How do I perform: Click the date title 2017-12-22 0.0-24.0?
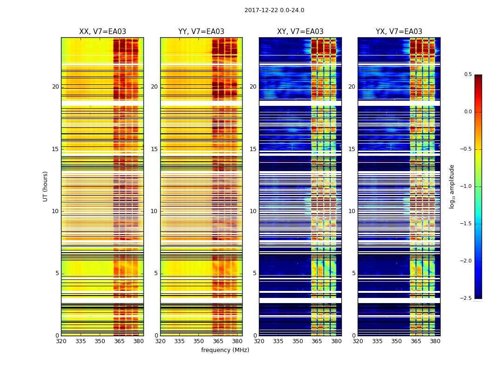(274, 10)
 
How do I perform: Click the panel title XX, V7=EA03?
(102, 32)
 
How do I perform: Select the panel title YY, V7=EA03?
(201, 32)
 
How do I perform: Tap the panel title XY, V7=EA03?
(300, 32)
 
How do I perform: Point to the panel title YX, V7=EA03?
(399, 32)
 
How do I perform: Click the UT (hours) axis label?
(45, 186)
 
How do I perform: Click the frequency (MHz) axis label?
(225, 350)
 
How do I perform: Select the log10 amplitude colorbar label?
(452, 186)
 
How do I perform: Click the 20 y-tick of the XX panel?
(55, 87)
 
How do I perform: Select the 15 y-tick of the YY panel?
(155, 149)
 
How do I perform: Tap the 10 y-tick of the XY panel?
(253, 211)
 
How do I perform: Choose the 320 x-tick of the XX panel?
(61, 341)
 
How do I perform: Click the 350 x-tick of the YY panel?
(199, 341)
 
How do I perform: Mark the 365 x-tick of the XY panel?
(317, 341)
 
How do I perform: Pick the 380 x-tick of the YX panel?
(435, 341)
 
